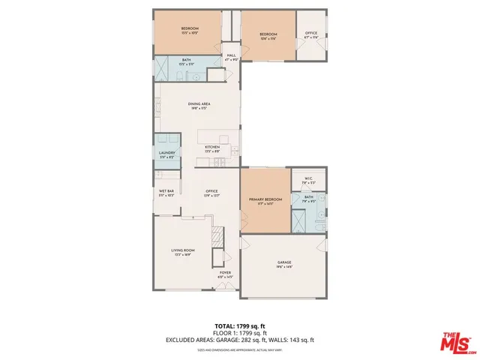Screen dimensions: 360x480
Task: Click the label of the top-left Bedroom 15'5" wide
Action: [x=188, y=30]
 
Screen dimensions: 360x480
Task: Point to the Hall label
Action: [x=231, y=55]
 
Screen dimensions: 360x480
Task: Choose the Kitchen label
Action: [x=212, y=148]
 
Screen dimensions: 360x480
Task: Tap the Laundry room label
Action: [x=166, y=154]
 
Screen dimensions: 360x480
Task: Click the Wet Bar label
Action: [x=166, y=193]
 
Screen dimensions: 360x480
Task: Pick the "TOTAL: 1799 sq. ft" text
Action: [x=240, y=325]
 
